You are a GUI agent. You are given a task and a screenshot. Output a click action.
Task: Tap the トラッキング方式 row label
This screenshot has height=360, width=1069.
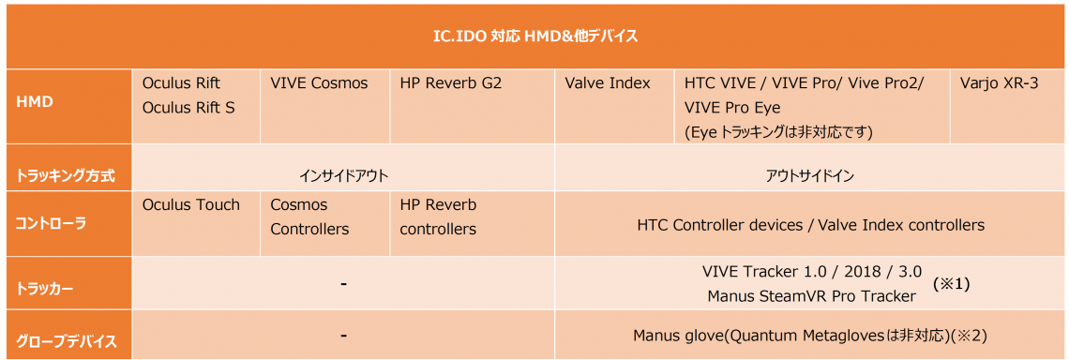(64, 176)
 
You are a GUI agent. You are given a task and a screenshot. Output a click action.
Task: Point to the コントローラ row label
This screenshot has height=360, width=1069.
(51, 224)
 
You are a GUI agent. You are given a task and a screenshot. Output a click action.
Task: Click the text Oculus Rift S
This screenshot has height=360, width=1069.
(188, 107)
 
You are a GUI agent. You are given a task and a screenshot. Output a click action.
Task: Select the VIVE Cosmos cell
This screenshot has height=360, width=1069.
(319, 83)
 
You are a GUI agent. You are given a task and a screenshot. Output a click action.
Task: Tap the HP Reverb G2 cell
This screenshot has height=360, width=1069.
(451, 83)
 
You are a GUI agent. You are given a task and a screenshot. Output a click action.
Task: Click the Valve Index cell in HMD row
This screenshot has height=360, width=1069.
(608, 83)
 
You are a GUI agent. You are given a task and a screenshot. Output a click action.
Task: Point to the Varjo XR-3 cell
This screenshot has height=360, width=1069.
(999, 83)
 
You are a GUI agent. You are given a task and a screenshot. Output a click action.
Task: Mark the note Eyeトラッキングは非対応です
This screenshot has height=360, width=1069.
(779, 131)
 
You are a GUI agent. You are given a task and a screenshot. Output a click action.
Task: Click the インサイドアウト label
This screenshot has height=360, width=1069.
(343, 176)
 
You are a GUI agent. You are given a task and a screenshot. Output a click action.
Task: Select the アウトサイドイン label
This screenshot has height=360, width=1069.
(810, 176)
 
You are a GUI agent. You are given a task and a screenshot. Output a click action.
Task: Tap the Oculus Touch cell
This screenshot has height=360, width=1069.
(191, 204)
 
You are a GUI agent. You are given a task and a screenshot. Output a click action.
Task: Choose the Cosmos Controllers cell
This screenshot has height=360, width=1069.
(309, 217)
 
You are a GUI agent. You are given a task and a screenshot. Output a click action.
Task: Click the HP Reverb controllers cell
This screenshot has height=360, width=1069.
(438, 217)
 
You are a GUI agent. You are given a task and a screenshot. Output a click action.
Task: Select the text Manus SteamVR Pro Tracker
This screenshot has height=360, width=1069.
(811, 296)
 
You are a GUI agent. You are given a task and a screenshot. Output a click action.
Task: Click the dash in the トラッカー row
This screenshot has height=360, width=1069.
(343, 284)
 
